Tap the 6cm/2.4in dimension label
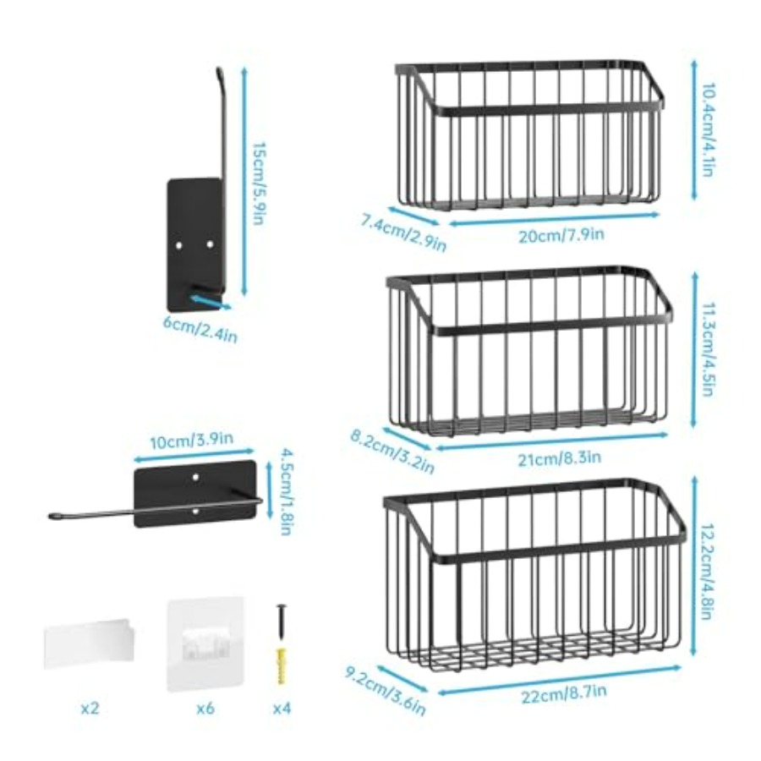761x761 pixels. tap(200, 329)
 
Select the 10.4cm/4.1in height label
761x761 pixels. tap(708, 129)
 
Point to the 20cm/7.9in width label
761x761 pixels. tap(561, 235)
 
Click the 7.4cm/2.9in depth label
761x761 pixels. tap(402, 233)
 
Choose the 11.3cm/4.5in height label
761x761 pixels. tap(708, 349)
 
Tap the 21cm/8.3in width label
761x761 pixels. tap(559, 458)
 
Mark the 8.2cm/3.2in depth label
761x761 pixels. tap(392, 452)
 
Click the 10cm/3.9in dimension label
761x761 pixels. tap(191, 441)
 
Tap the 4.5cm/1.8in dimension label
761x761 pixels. tap(287, 491)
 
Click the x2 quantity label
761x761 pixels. tap(90, 709)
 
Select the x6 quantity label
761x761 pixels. tap(205, 709)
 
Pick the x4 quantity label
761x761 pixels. tap(282, 709)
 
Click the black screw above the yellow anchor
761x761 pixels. tap(281, 624)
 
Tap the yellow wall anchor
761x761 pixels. tap(281, 665)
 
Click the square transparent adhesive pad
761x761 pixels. tap(205, 644)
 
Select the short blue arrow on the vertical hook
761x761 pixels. tap(211, 302)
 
